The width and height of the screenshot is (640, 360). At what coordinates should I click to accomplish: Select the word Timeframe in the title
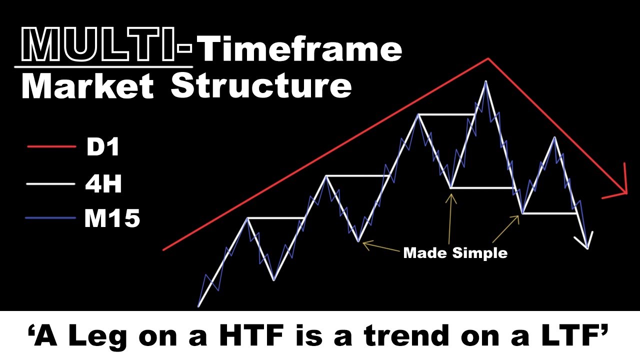click(x=300, y=50)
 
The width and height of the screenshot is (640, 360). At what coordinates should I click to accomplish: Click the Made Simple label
click(x=455, y=252)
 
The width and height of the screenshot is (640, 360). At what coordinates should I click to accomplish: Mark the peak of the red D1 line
click(x=488, y=58)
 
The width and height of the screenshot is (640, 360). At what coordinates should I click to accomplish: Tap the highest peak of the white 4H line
click(x=484, y=81)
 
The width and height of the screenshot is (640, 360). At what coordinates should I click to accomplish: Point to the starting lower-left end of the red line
click(x=164, y=249)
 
